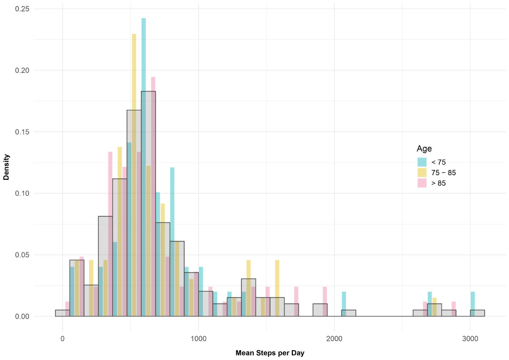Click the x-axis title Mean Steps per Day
point(270,353)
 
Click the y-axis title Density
point(6,167)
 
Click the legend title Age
point(424,149)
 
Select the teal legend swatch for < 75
point(422,162)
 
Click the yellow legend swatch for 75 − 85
point(422,173)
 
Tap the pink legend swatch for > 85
point(422,183)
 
